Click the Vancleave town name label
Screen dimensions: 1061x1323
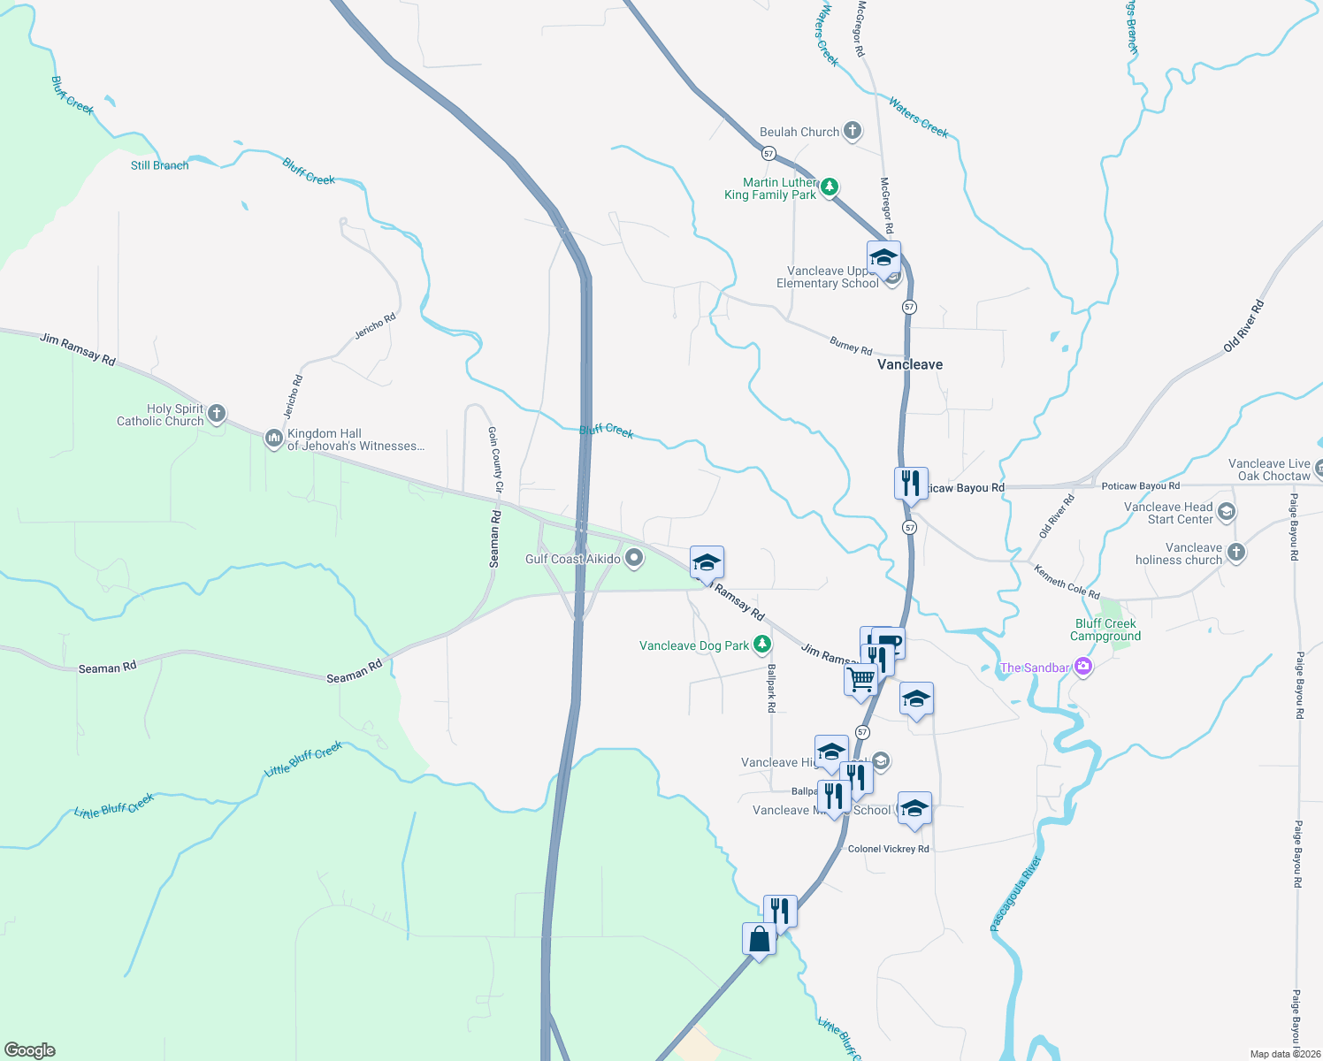(909, 364)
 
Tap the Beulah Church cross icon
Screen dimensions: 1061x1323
(853, 132)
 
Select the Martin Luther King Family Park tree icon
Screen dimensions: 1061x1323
(830, 187)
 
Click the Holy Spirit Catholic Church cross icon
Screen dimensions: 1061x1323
(217, 413)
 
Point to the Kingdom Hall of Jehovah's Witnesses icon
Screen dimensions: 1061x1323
(273, 438)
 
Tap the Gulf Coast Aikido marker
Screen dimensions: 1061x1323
(634, 558)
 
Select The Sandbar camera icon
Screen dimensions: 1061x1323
(1083, 668)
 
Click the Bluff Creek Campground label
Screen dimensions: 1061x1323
(1105, 630)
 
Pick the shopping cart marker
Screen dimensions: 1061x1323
(860, 680)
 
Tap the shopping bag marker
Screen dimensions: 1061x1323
(759, 938)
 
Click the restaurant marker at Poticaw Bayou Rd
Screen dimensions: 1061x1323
(911, 483)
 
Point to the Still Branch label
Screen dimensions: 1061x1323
(159, 165)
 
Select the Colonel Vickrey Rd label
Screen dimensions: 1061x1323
(888, 849)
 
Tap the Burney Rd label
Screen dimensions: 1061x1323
(851, 346)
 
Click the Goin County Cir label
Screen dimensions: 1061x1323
(496, 459)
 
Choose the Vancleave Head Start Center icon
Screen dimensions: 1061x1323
(1226, 512)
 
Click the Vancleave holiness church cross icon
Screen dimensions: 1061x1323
(1236, 553)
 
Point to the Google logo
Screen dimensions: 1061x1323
(30, 1050)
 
